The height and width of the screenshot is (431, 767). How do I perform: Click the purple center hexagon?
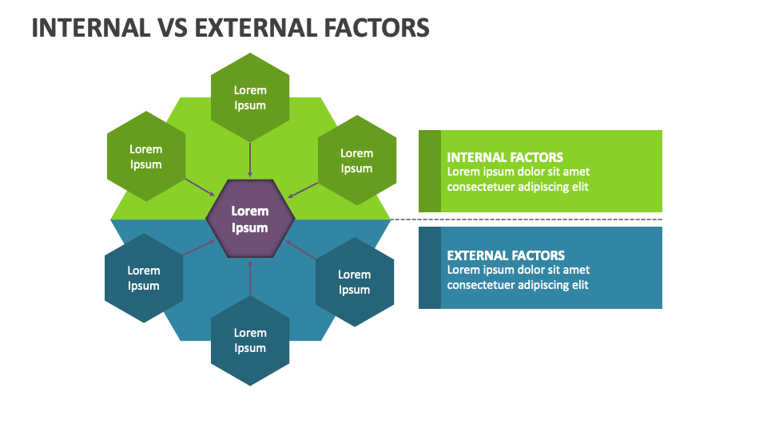[250, 219]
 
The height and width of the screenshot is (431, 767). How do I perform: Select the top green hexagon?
[250, 97]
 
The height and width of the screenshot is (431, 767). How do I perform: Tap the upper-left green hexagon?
[146, 156]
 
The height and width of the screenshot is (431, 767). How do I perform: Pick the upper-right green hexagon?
[356, 160]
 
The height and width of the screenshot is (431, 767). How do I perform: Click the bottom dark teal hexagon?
[250, 341]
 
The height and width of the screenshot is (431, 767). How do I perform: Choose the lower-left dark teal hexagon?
[144, 278]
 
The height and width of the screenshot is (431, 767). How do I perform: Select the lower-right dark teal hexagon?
[354, 282]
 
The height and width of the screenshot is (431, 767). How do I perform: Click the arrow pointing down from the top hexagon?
[250, 160]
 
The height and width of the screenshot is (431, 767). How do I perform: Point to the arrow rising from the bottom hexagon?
[250, 278]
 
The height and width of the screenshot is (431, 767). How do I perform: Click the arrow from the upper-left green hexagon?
[200, 187]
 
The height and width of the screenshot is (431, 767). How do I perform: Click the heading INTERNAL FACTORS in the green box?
[505, 157]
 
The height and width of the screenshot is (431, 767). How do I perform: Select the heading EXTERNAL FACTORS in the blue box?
[506, 255]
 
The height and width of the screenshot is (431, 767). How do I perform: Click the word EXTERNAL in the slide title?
[247, 28]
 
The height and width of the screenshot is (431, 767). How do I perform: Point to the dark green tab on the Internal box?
[430, 171]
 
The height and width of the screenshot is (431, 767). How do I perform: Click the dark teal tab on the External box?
[430, 267]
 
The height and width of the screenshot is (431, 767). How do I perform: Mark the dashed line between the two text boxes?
[527, 219]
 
